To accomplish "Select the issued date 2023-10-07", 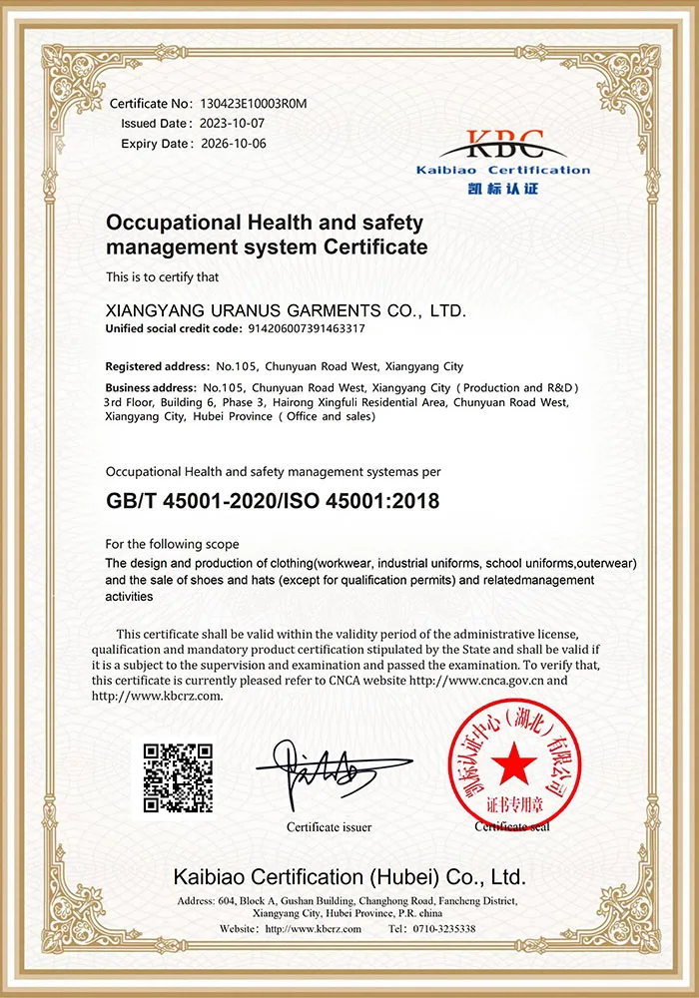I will pos(231,124).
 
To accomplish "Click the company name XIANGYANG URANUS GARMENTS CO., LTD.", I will pos(286,311).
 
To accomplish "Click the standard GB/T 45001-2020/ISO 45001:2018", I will pos(273,500).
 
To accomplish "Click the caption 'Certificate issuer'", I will pos(329,827).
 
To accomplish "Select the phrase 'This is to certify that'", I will pos(163,276).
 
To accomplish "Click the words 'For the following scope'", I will pos(172,544).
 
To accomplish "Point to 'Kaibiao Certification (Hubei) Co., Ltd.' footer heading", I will pos(349,877).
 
